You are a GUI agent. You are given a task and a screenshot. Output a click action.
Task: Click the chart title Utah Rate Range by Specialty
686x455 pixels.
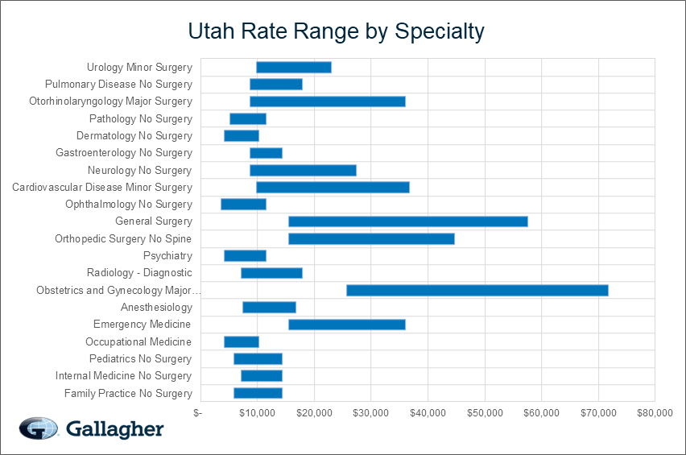point(336,31)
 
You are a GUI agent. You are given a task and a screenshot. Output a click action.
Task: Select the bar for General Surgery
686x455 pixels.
point(407,221)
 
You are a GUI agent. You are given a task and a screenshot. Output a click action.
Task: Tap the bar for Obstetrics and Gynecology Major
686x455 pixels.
point(477,290)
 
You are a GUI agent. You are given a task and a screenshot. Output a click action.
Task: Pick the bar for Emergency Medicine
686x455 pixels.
point(346,325)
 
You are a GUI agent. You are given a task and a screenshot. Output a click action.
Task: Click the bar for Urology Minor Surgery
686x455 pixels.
point(293,67)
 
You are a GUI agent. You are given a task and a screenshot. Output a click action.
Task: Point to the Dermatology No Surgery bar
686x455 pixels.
point(241,135)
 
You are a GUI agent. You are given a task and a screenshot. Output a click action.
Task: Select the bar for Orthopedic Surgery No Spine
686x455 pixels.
point(371,238)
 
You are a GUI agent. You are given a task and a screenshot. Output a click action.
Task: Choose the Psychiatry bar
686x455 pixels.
point(245,256)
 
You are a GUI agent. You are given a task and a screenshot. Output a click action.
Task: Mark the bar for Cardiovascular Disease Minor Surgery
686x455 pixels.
point(333,187)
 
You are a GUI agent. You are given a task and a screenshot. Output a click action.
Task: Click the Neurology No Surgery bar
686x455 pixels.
point(303,170)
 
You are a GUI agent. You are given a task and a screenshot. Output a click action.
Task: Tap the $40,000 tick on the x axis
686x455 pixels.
point(428,413)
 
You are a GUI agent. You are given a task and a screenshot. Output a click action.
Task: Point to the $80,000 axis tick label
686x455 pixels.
point(655,413)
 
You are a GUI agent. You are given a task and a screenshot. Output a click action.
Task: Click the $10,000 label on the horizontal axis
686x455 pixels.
point(257,413)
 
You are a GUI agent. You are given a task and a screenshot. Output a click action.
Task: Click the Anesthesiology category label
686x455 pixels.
point(156,308)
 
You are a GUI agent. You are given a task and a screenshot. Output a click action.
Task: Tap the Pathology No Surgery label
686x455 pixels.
point(141,118)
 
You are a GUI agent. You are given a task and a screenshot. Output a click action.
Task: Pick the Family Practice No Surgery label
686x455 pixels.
point(128,393)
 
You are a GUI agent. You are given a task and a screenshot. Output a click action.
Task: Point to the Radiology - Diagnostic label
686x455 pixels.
point(139,273)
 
